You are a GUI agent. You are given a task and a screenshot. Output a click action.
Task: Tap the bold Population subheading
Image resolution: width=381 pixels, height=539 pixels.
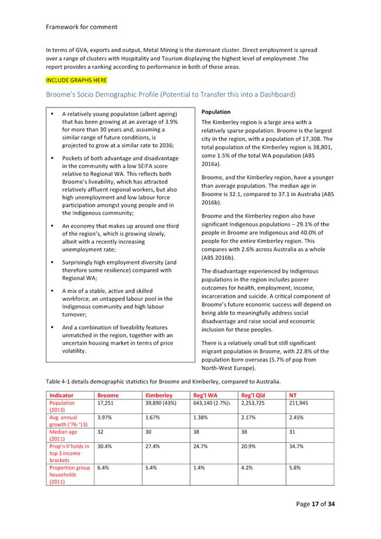tap(215, 112)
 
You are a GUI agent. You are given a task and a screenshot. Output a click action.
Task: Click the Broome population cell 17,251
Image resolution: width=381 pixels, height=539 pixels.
tap(106, 403)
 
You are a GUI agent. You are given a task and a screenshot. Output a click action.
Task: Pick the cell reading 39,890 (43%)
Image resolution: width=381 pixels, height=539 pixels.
tap(163, 403)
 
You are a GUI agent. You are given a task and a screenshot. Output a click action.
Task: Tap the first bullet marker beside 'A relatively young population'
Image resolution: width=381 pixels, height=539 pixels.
tap(52, 114)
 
